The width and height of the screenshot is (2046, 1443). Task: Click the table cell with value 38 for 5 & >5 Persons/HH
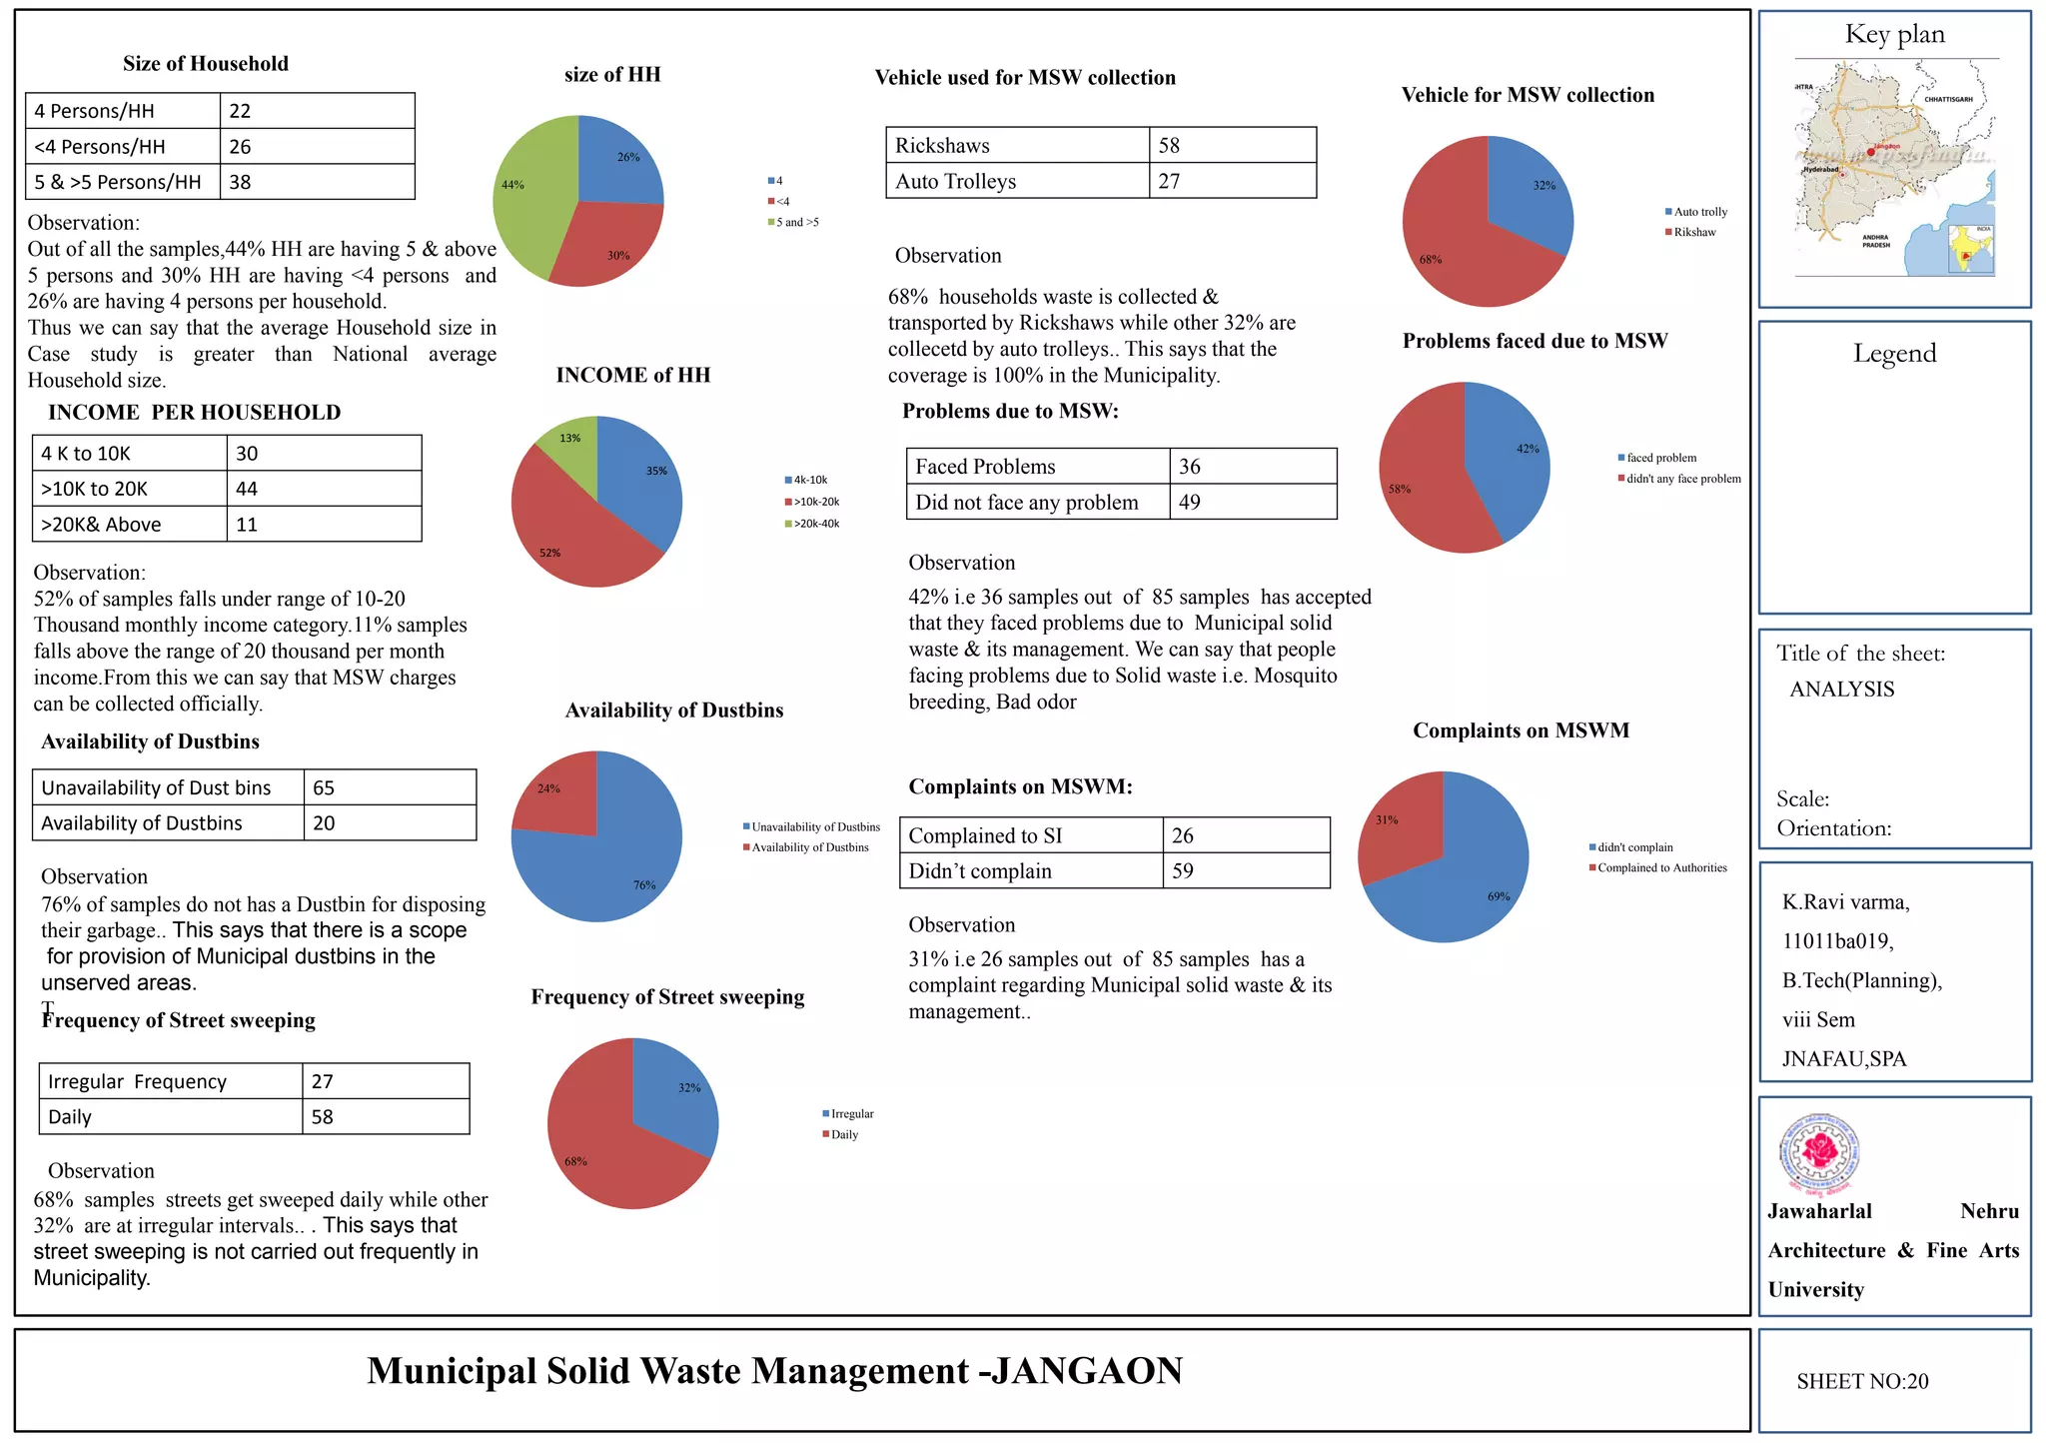coord(316,182)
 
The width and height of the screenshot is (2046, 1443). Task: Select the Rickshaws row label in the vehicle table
coord(942,146)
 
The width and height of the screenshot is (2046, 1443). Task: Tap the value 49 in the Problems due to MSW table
coord(1189,503)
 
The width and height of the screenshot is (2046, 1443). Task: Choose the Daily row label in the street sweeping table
coord(70,1117)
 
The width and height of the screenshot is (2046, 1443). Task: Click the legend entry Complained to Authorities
coord(1661,867)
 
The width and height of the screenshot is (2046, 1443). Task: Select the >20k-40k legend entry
coord(816,524)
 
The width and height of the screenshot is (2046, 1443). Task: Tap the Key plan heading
coord(1894,35)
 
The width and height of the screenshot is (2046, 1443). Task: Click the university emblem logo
coord(1820,1154)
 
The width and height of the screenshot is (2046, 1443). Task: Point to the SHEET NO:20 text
coord(1862,1381)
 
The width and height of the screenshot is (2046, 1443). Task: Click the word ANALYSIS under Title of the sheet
coord(1841,690)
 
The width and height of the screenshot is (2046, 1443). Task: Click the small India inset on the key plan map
coord(1971,250)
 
